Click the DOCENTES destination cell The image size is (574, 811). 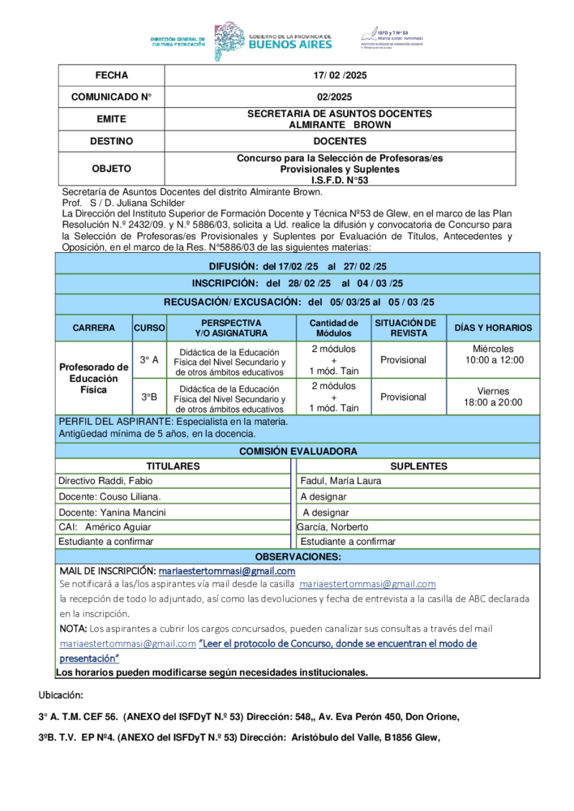[x=340, y=141]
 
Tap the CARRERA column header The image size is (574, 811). [x=93, y=328]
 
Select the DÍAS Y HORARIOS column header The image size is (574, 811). [x=493, y=328]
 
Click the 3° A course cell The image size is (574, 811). [x=149, y=359]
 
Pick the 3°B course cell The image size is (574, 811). [x=149, y=397]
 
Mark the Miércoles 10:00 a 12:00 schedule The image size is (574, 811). [x=493, y=354]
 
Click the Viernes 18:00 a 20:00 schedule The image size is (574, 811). [x=493, y=397]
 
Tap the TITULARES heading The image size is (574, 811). [x=173, y=466]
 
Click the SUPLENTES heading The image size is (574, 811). [x=418, y=466]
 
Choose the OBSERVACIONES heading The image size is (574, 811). [x=298, y=556]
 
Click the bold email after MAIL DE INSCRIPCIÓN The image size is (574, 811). [x=226, y=571]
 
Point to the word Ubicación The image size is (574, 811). [x=61, y=695]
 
